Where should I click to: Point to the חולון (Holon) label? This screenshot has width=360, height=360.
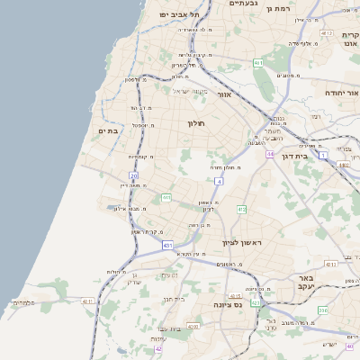click(x=197, y=123)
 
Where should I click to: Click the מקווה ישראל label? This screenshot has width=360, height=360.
click(x=190, y=91)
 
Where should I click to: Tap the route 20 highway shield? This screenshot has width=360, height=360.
click(x=133, y=176)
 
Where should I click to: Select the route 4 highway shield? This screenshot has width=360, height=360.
click(x=219, y=181)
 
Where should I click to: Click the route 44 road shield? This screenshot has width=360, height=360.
click(x=269, y=154)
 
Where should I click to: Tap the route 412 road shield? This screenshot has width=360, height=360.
click(x=241, y=210)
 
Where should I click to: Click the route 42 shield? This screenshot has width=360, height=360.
click(x=158, y=348)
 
